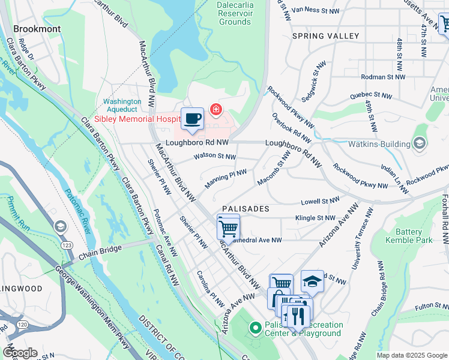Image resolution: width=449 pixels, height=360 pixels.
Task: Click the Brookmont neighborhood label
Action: (x=37, y=28)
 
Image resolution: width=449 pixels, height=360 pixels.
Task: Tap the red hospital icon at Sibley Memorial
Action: (x=215, y=110)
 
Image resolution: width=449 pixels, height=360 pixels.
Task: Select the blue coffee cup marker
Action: (x=192, y=118)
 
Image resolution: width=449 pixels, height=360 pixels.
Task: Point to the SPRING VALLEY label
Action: (x=325, y=36)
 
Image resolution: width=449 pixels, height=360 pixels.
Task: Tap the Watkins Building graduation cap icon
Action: (x=419, y=143)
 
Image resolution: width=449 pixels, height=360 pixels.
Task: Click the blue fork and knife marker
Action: (x=298, y=314)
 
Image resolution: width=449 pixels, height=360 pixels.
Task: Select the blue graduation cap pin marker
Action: (x=312, y=281)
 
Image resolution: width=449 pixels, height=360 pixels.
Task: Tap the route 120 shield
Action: (x=22, y=325)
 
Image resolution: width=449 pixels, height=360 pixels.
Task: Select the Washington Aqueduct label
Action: (x=122, y=106)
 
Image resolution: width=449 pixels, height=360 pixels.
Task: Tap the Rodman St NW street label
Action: (x=384, y=77)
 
